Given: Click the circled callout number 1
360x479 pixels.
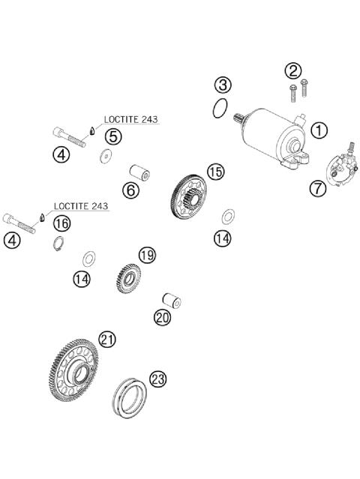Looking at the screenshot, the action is [319, 130].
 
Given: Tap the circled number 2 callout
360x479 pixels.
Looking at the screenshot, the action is [292, 71].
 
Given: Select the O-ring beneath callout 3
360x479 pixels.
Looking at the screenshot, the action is [220, 109].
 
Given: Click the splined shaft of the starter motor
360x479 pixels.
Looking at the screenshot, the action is [238, 118].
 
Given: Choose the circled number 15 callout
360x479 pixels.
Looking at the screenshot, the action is [216, 172].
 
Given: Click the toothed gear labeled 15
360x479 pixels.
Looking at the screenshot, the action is [188, 196].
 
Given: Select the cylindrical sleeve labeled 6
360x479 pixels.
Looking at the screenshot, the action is [139, 172].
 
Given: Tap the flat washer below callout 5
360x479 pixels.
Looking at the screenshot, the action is [106, 156].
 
